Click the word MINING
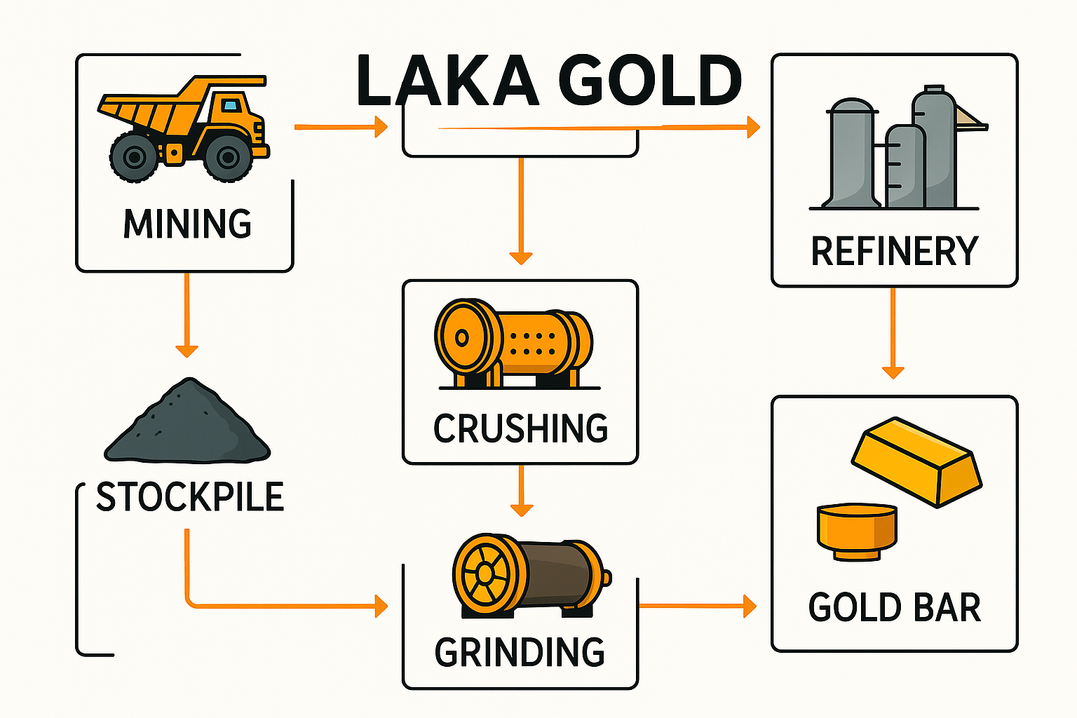point(187,224)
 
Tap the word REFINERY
point(894,252)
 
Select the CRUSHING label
point(520,428)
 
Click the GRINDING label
point(520,653)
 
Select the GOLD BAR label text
point(894,608)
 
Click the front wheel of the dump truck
point(227,157)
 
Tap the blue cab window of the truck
point(230,106)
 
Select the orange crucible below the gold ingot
point(857,531)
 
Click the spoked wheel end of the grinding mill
point(485,574)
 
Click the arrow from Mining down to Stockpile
point(187,316)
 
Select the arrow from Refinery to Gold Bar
point(893,333)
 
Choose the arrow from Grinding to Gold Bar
point(698,605)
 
